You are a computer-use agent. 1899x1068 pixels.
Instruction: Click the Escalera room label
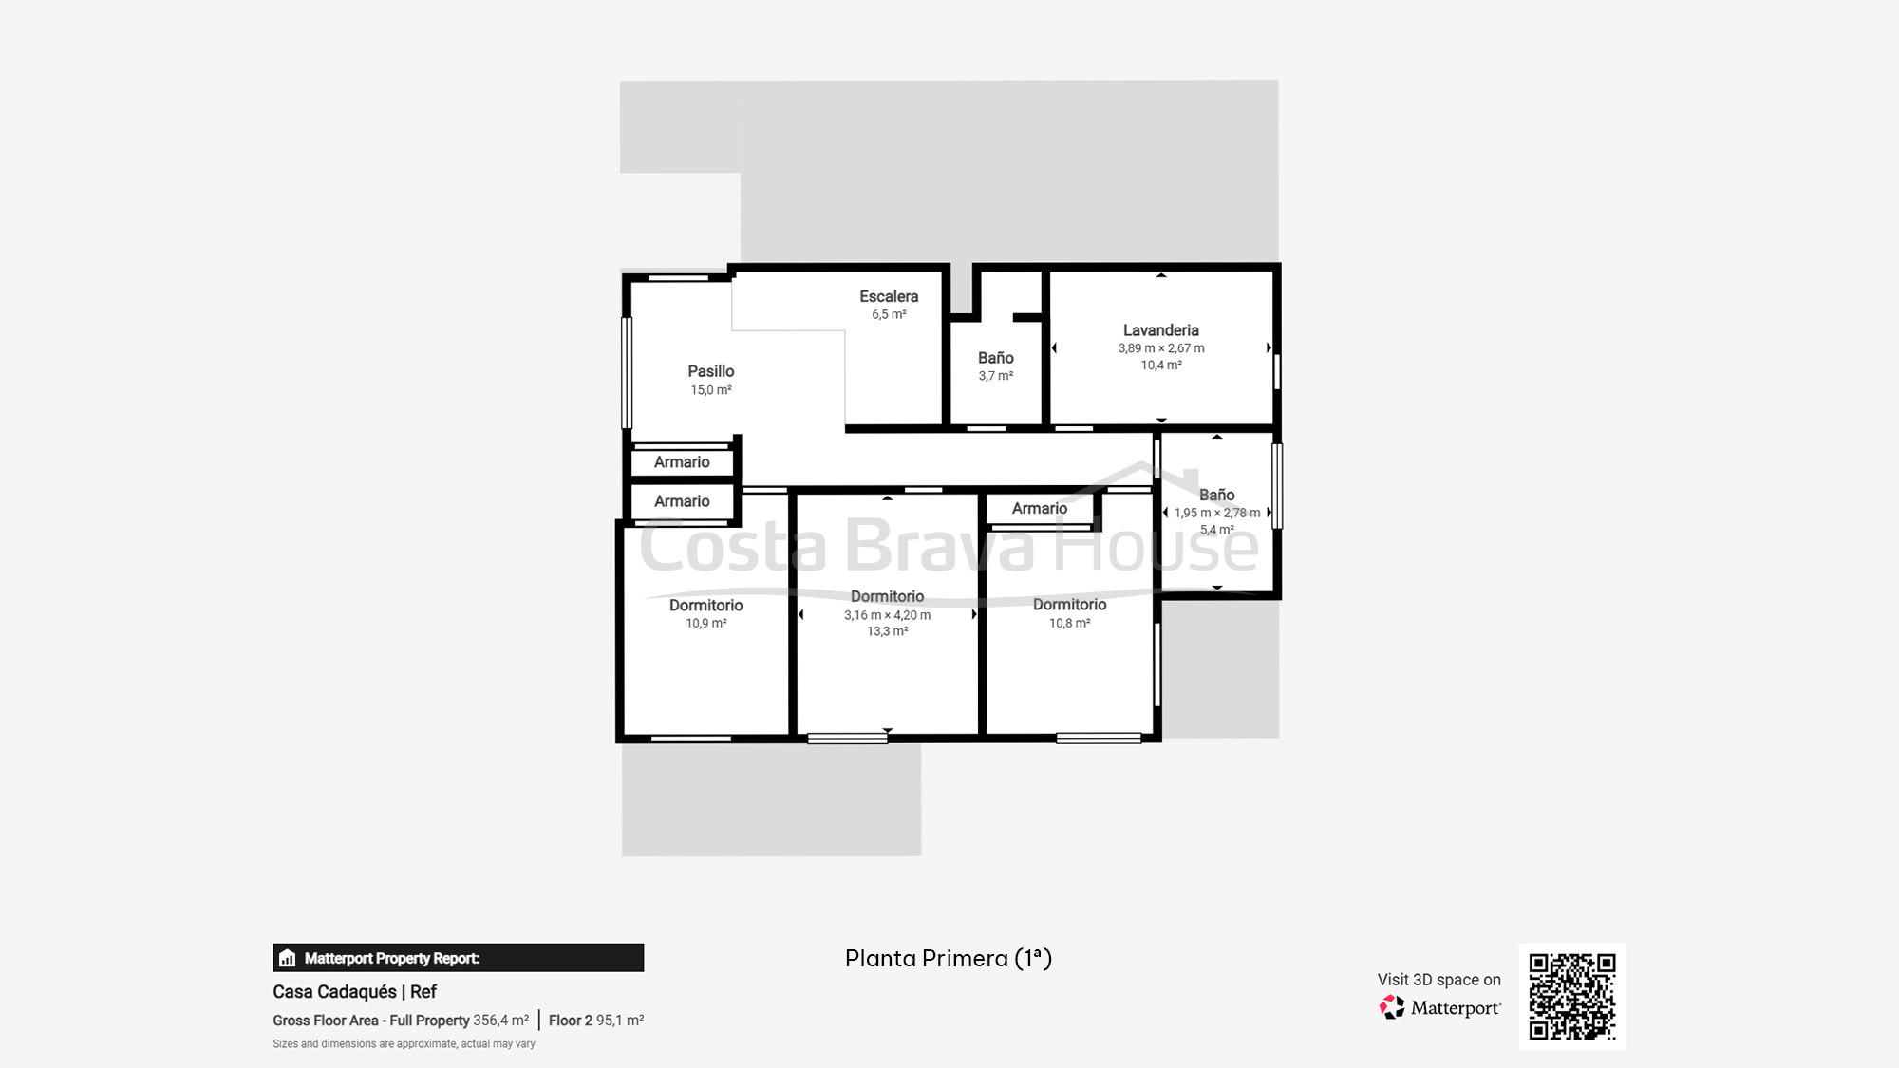pyautogui.click(x=889, y=296)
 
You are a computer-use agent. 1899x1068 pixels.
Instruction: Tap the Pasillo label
pyautogui.click(x=711, y=371)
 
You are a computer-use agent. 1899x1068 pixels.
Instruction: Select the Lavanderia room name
pyautogui.click(x=1161, y=330)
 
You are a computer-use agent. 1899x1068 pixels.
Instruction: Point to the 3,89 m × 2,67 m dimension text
pyautogui.click(x=1161, y=348)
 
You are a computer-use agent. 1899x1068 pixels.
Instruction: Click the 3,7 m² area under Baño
pyautogui.click(x=996, y=376)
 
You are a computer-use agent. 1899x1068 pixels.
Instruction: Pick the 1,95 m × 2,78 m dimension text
pyautogui.click(x=1217, y=513)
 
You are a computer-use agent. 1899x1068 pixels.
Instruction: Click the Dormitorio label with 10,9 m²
pyautogui.click(x=706, y=606)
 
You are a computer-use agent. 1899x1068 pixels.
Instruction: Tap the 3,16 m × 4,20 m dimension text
pyautogui.click(x=888, y=615)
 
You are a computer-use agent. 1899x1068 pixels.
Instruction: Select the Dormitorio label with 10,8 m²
pyautogui.click(x=1070, y=605)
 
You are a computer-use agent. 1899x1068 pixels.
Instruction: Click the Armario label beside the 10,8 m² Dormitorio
pyautogui.click(x=1040, y=509)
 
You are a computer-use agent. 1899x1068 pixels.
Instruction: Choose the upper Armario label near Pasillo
pyautogui.click(x=682, y=462)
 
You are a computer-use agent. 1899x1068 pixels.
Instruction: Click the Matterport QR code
pyautogui.click(x=1572, y=997)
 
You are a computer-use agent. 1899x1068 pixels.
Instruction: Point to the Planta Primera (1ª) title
pyautogui.click(x=949, y=959)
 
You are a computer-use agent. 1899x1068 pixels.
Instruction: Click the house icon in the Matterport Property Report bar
pyautogui.click(x=288, y=958)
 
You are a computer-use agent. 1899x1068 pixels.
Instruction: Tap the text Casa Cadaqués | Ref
pyautogui.click(x=354, y=992)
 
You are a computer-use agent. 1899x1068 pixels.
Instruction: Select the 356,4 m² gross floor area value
pyautogui.click(x=501, y=1021)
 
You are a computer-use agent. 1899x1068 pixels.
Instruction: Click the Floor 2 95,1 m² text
pyautogui.click(x=596, y=1021)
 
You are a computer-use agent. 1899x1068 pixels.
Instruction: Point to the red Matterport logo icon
pyautogui.click(x=1392, y=1007)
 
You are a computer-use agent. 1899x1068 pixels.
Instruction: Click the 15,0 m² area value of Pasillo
pyautogui.click(x=711, y=390)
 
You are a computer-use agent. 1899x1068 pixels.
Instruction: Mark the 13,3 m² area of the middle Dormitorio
pyautogui.click(x=888, y=631)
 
